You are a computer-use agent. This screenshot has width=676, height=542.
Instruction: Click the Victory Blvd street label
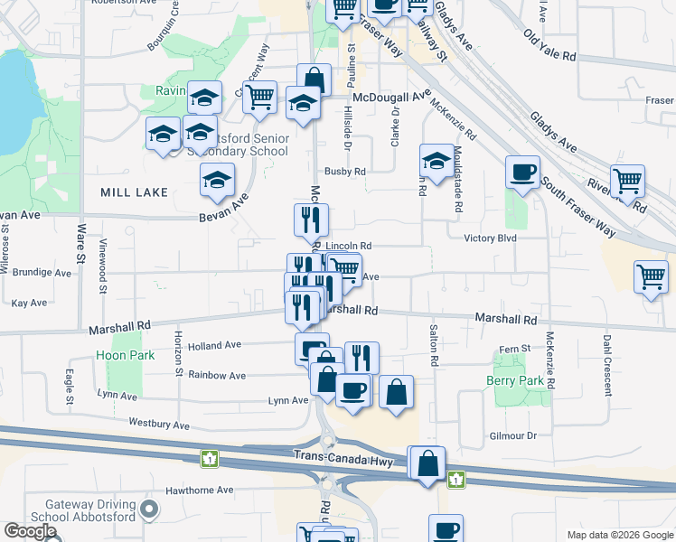(489, 238)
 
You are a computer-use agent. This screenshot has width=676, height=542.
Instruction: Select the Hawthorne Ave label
(199, 491)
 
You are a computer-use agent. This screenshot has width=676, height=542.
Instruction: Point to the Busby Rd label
(346, 171)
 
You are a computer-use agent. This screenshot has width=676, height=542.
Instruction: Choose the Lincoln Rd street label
(349, 246)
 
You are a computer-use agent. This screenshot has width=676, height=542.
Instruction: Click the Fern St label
(513, 350)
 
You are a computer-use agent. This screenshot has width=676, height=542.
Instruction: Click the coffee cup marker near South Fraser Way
(522, 172)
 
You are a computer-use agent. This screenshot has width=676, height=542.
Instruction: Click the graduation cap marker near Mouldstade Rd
(437, 162)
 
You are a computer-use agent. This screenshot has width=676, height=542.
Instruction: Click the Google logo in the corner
(30, 531)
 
